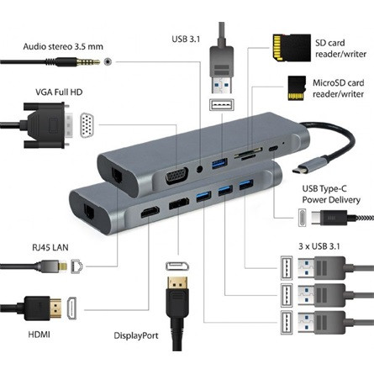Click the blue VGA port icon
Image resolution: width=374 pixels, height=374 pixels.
pyautogui.click(x=87, y=126)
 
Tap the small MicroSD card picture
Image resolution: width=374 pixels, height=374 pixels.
pyautogui.click(x=294, y=86)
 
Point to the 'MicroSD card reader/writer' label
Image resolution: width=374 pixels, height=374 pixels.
pyautogui.click(x=336, y=87)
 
